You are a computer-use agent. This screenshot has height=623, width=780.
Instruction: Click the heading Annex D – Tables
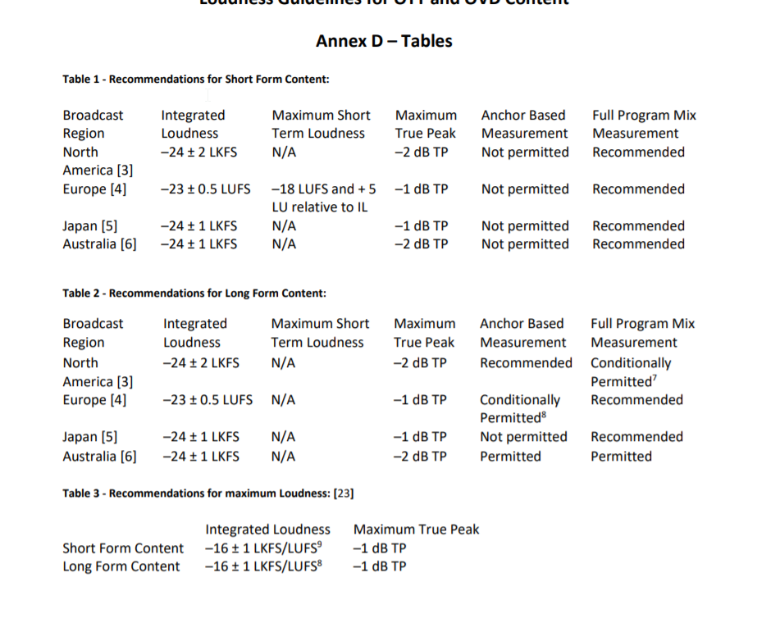tap(384, 41)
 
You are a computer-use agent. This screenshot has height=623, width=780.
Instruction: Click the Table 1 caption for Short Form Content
tap(196, 80)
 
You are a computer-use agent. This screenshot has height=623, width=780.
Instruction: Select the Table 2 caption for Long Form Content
tap(194, 293)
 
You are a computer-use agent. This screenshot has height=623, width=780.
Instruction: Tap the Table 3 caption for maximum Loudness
tap(208, 493)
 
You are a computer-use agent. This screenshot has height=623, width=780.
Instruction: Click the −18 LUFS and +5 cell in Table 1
tap(324, 189)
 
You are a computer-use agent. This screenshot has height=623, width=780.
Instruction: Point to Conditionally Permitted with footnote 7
tap(631, 372)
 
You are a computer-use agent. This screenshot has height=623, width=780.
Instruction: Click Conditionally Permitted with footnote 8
tap(520, 409)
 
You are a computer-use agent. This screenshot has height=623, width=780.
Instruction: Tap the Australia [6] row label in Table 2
tap(100, 457)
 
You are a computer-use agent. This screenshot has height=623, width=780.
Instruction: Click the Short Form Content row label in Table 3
tap(123, 548)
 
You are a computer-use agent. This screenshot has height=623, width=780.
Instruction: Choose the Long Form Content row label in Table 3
tap(121, 566)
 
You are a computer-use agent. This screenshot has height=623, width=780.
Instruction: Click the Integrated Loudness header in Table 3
tap(267, 530)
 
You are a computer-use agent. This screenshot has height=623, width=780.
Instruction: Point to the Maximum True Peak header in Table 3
tap(416, 530)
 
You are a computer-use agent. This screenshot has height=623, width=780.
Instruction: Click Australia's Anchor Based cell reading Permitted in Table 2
tap(510, 457)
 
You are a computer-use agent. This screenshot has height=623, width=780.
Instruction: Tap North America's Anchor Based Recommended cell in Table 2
tap(526, 363)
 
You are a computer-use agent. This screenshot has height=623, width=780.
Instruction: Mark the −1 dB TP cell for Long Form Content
tap(379, 566)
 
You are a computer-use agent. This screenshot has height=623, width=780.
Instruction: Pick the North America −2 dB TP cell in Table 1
tap(422, 152)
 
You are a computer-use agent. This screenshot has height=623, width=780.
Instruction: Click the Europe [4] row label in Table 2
tap(95, 400)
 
